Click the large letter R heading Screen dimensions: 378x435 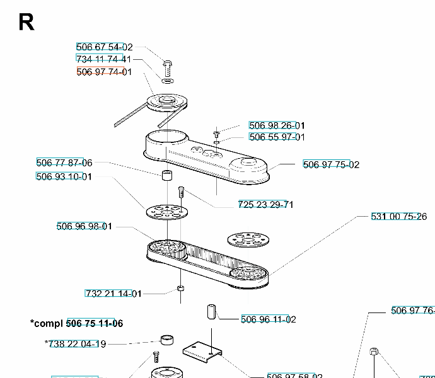coord(26,21)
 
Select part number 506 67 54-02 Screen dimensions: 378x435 coord(105,47)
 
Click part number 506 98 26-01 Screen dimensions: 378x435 coord(277,125)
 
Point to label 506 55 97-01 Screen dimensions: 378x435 coord(277,137)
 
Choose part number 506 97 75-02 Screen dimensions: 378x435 coord(331,165)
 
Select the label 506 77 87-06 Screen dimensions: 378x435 coord(64,163)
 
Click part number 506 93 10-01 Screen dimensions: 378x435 coord(64,176)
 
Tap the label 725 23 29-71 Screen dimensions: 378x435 coord(265,204)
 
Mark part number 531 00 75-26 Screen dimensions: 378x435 coord(398,217)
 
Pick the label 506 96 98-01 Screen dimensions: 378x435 coord(84,227)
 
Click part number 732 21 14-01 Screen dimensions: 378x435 coord(113,294)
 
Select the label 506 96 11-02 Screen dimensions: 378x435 coord(269,319)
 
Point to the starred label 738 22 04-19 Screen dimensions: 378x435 coord(76,344)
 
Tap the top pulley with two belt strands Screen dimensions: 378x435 coord(163,102)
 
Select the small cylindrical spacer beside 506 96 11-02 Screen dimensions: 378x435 coord(211,312)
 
